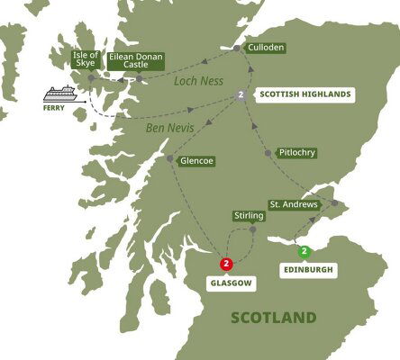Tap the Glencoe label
(x=197, y=164)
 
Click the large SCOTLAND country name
(x=274, y=318)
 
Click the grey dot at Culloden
(x=237, y=47)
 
